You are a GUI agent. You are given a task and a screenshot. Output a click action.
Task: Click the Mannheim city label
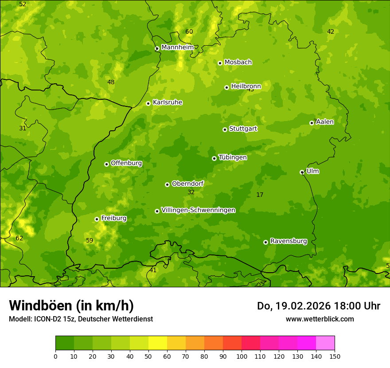(x=177, y=47)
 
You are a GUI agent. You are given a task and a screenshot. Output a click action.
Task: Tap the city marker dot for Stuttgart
(x=225, y=129)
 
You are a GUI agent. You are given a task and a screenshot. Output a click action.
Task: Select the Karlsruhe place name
(x=167, y=102)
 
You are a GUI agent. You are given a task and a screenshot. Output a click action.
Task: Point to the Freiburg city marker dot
(x=97, y=219)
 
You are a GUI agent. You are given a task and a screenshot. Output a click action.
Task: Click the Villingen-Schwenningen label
(x=198, y=210)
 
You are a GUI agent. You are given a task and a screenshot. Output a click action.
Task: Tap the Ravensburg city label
(x=288, y=241)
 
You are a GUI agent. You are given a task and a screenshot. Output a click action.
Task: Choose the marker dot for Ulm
(x=302, y=172)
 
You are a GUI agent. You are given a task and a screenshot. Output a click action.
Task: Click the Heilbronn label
(x=246, y=86)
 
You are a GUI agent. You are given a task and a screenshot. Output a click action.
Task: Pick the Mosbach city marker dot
(x=220, y=63)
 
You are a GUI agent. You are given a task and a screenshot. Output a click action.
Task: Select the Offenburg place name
(x=126, y=163)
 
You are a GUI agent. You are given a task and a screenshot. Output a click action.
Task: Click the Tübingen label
(x=233, y=157)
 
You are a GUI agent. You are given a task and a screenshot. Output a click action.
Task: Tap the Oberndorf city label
(x=187, y=184)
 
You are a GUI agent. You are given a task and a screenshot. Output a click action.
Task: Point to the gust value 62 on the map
(x=19, y=238)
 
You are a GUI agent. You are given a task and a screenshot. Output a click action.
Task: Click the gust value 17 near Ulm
(x=260, y=195)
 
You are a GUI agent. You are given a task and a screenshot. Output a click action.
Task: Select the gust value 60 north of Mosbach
(x=189, y=31)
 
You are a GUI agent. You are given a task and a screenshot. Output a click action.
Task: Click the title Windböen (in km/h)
(x=71, y=305)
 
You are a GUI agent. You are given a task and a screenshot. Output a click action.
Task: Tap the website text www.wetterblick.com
(x=320, y=319)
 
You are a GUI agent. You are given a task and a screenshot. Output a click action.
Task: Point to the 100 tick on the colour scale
(x=242, y=356)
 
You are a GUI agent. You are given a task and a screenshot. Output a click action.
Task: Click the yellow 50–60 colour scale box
(x=158, y=343)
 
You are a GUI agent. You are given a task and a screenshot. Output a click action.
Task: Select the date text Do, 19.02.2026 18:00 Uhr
(x=318, y=306)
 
